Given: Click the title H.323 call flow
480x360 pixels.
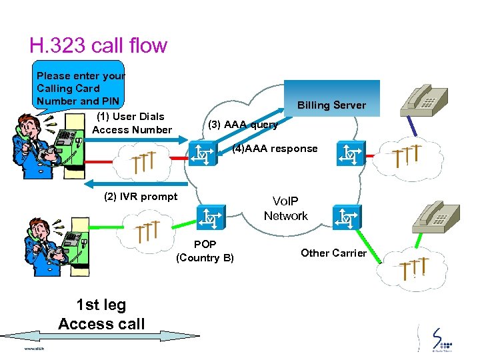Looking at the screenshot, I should click(98, 45).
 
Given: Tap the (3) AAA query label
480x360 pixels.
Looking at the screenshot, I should click(243, 125).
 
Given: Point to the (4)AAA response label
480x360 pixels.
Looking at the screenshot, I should click(275, 149).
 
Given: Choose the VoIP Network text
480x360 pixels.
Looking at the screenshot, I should click(285, 208).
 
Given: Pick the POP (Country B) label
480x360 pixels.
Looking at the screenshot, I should click(205, 251).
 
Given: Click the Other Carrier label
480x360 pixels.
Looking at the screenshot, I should click(333, 253).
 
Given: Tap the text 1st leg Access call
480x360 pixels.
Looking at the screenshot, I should click(101, 315).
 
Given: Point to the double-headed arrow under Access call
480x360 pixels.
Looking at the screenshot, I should click(100, 337).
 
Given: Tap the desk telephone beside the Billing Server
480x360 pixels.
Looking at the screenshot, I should click(425, 100).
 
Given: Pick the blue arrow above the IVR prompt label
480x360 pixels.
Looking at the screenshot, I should click(133, 181).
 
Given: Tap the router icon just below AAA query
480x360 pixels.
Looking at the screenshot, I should click(202, 155).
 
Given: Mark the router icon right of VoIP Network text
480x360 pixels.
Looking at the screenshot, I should click(347, 217).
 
